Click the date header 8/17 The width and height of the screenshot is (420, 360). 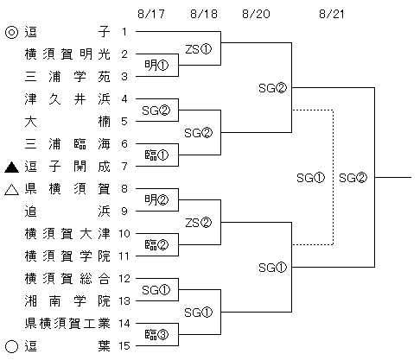151,14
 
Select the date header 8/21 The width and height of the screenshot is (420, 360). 332,14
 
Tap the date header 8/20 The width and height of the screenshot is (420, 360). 256,14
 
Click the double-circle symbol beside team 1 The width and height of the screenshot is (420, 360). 12,32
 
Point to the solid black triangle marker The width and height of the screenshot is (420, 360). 12,167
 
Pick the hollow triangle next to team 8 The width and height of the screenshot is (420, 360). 12,190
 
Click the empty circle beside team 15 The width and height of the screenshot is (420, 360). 12,346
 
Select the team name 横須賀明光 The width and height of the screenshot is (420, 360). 67,54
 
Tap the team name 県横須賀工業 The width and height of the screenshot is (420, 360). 67,324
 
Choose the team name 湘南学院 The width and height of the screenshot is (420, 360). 67,301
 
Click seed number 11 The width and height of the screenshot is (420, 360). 124,256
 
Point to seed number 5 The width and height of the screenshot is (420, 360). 124,122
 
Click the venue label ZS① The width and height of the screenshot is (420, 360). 198,49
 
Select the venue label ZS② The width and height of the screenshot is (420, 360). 198,223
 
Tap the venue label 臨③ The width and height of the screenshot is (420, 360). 156,335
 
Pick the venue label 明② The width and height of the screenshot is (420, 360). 156,200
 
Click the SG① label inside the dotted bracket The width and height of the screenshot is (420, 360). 310,178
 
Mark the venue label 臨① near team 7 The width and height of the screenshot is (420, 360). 156,155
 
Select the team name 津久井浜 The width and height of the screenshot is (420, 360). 67,99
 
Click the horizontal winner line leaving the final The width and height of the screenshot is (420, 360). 393,177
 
